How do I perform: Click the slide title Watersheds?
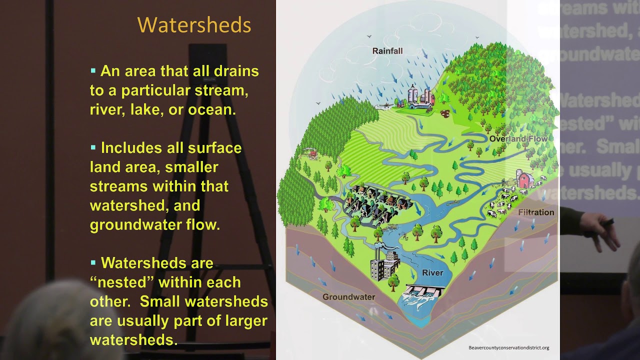click(x=194, y=25)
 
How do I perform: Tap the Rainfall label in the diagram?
click(x=387, y=51)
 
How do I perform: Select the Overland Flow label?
click(x=518, y=138)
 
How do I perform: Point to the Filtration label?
click(x=536, y=212)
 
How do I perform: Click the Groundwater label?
click(x=348, y=297)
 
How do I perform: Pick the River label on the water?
click(x=432, y=273)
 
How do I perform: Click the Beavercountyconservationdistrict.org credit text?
click(x=508, y=347)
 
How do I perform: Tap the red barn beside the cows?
click(x=524, y=179)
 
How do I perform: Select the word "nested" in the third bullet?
click(x=120, y=282)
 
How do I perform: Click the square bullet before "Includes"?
click(x=93, y=147)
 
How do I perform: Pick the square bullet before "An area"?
click(x=93, y=70)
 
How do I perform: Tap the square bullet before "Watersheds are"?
click(x=93, y=262)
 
